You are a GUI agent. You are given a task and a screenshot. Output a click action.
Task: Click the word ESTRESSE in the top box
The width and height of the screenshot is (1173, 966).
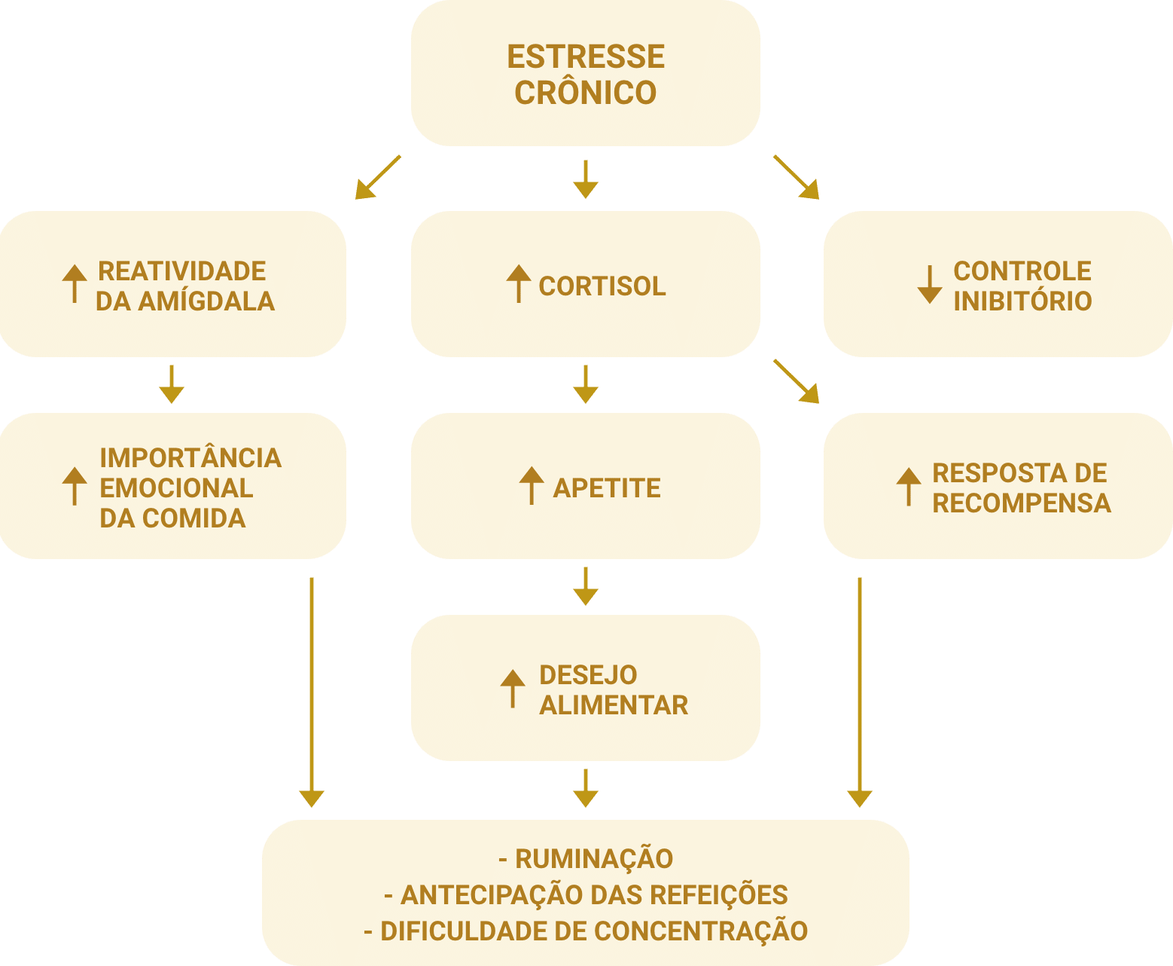pyautogui.click(x=585, y=57)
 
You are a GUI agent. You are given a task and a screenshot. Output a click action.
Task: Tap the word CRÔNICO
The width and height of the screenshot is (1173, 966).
pyautogui.click(x=585, y=93)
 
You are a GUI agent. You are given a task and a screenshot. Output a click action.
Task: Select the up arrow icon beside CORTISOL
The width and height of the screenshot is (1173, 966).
pyautogui.click(x=518, y=284)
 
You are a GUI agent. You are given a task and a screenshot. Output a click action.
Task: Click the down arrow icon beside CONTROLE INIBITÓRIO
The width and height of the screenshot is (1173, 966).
pyautogui.click(x=930, y=284)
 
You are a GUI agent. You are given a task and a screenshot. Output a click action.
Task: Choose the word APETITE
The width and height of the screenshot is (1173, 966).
pyautogui.click(x=607, y=488)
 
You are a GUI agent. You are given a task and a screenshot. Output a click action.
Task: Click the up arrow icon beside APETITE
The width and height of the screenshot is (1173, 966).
pyautogui.click(x=532, y=485)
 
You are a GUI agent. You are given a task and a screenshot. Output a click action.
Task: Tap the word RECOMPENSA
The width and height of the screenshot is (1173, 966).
pyautogui.click(x=1022, y=503)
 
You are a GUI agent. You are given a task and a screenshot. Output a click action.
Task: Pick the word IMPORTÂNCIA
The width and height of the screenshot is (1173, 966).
pyautogui.click(x=190, y=458)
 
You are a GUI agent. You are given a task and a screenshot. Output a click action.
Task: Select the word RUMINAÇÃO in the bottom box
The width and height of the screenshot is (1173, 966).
pyautogui.click(x=594, y=859)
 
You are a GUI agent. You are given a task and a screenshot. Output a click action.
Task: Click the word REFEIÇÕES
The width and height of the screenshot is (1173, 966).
pyautogui.click(x=718, y=895)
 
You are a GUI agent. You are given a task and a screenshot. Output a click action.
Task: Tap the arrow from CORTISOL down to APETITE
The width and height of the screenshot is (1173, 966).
pyautogui.click(x=585, y=384)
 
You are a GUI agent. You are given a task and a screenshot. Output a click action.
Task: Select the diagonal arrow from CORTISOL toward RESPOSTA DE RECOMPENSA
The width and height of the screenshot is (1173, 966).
pyautogui.click(x=797, y=382)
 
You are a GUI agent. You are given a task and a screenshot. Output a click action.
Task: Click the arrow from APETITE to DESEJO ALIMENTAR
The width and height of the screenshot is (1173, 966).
pyautogui.click(x=585, y=586)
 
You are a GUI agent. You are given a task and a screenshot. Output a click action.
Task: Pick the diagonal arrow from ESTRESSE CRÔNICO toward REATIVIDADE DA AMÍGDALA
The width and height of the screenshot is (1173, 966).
pyautogui.click(x=377, y=178)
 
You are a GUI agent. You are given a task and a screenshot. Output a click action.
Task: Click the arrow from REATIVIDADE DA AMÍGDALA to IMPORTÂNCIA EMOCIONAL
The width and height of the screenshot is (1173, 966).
pyautogui.click(x=172, y=384)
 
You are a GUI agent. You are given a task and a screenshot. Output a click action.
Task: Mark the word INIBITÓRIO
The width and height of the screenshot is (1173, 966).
pyautogui.click(x=1022, y=301)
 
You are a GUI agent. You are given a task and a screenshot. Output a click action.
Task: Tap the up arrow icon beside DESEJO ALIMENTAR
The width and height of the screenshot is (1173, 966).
pyautogui.click(x=513, y=688)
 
